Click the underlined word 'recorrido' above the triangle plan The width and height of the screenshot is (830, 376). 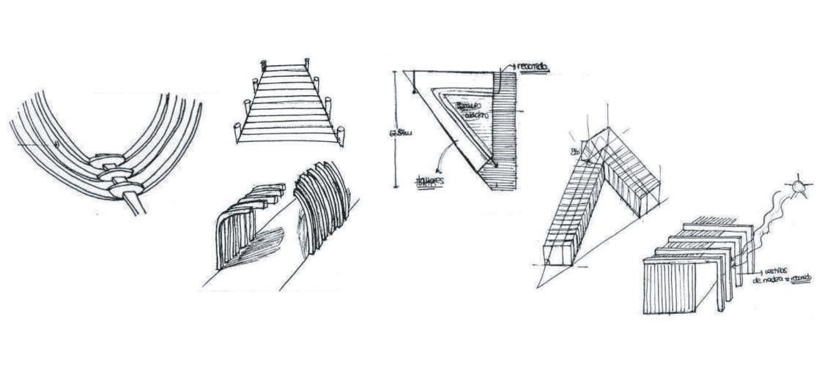(533, 68)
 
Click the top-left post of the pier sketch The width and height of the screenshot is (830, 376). (261, 65)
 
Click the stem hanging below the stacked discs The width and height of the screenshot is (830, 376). (136, 203)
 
